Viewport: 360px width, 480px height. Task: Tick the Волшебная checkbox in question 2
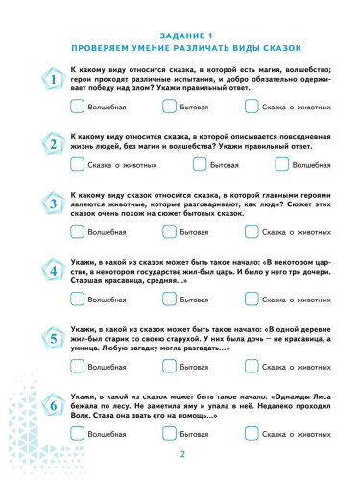click(255, 164)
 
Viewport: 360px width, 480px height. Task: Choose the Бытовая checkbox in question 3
click(170, 231)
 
